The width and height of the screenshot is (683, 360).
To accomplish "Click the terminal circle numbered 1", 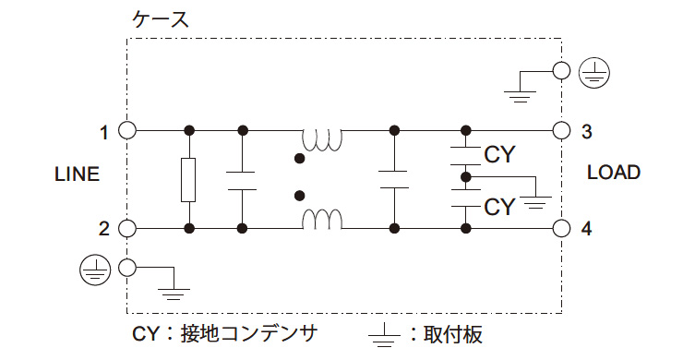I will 127,130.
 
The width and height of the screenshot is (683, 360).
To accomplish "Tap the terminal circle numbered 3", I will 559,130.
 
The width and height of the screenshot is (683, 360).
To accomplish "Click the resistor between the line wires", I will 189,179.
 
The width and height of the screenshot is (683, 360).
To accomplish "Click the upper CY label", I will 499,154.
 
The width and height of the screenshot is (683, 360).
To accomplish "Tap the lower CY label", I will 499,206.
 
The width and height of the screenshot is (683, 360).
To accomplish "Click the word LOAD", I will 613,173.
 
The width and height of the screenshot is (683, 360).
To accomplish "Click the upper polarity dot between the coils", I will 298,159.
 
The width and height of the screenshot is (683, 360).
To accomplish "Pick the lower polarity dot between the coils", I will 298,196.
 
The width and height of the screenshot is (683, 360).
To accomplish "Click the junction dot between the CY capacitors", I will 466,176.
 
